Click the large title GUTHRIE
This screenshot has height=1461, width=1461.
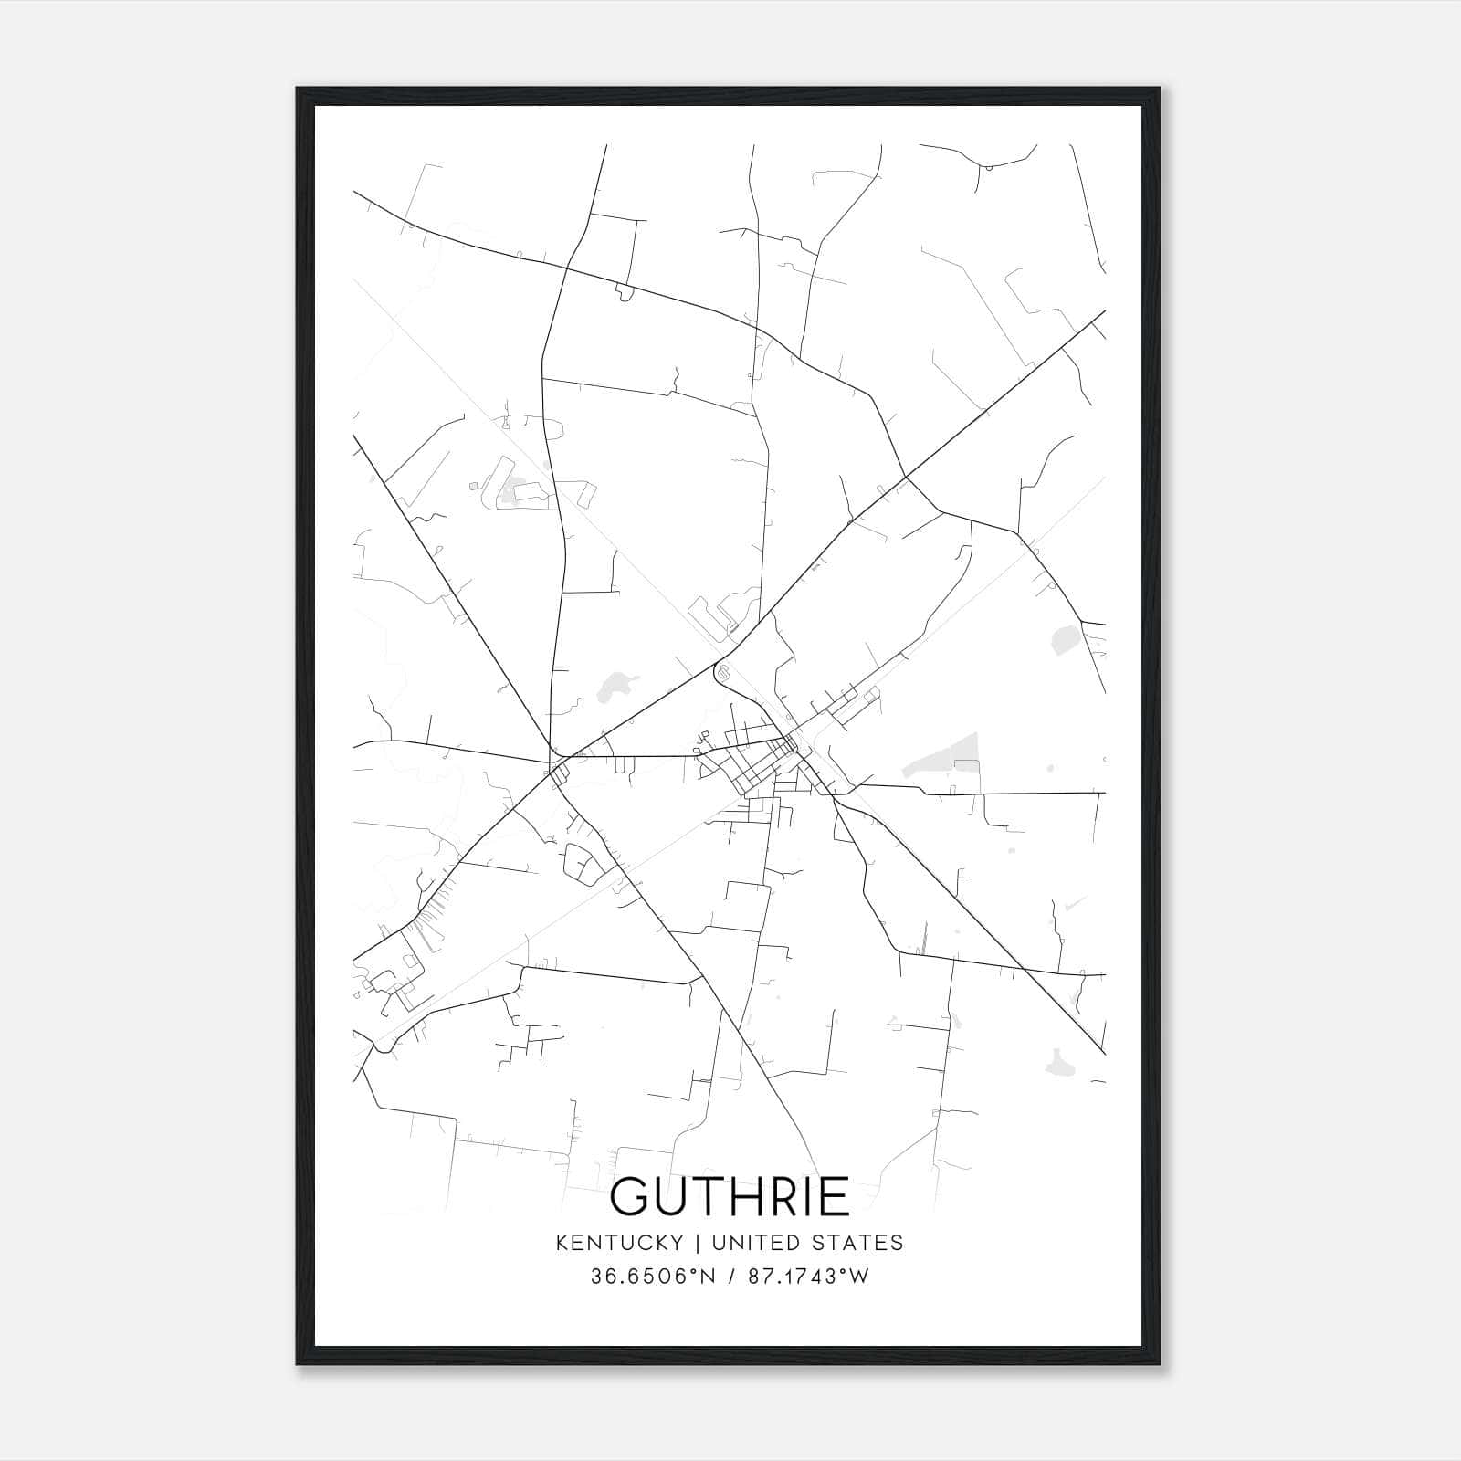(730, 1196)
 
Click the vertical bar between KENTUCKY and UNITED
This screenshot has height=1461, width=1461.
(698, 1242)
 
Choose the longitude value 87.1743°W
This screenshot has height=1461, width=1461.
(808, 1277)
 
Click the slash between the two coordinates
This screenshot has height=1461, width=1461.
(731, 1277)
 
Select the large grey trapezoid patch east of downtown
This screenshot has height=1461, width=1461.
(945, 758)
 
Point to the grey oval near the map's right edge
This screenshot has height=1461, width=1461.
(1064, 639)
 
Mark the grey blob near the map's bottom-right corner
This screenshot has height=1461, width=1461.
(1060, 1062)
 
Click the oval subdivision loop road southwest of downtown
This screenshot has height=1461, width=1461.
(581, 862)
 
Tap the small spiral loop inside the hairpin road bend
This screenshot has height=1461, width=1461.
(723, 674)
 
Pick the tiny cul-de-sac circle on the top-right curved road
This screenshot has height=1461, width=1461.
(987, 167)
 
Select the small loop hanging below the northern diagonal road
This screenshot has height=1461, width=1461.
(625, 293)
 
